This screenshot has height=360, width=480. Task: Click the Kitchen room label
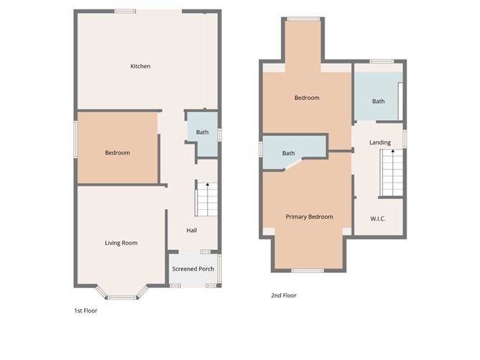tap(140, 67)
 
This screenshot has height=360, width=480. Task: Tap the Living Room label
tap(121, 243)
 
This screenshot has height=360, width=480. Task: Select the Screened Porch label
tap(193, 269)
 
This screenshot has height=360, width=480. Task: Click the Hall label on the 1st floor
tap(192, 231)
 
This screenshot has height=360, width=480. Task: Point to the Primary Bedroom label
tap(309, 216)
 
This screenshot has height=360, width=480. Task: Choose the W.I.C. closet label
tap(378, 218)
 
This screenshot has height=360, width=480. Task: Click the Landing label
tap(380, 143)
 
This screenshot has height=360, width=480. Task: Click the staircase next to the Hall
tap(206, 200)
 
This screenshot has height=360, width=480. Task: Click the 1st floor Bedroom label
tap(117, 152)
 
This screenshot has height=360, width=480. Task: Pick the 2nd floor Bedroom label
tap(307, 98)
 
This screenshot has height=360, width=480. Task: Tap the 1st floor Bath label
tap(203, 132)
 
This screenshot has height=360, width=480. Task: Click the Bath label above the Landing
tap(378, 101)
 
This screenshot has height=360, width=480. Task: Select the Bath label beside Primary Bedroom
tap(288, 153)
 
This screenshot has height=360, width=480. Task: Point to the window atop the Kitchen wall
tap(126, 11)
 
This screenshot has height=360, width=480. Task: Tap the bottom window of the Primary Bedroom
tap(308, 271)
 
